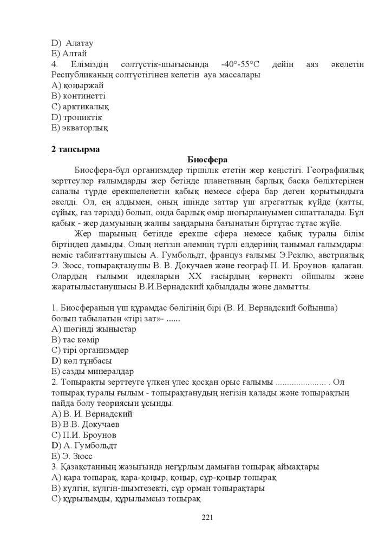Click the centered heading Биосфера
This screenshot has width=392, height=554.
click(208, 160)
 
